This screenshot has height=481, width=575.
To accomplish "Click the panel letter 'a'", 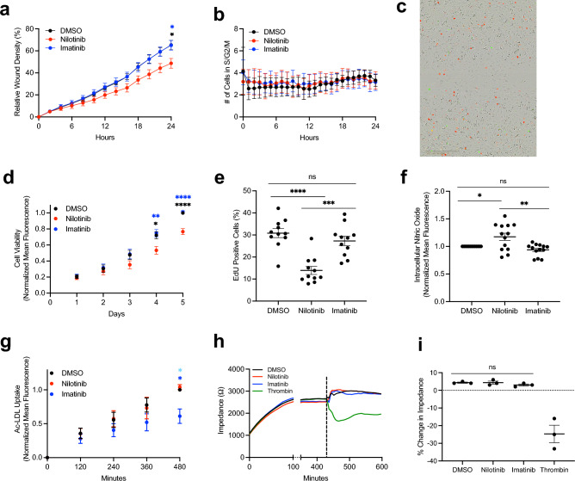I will click(x=8, y=10).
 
